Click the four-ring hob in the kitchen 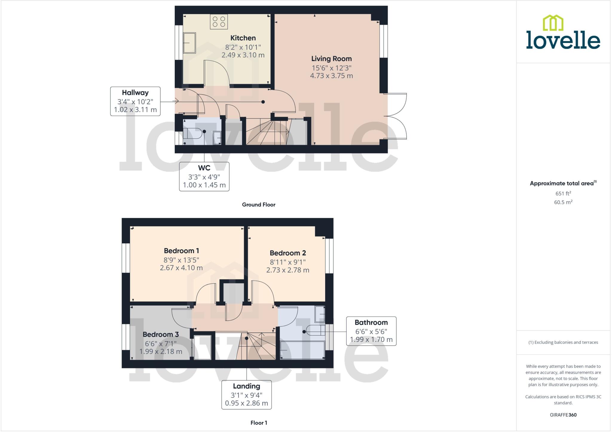(219, 22)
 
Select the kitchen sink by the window (189, 43)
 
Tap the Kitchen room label (243, 38)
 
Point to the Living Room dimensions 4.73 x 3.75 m (331, 76)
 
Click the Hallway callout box (135, 101)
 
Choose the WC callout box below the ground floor (204, 176)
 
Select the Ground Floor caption (258, 205)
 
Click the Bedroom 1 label (181, 251)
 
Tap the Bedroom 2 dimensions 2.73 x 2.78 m (287, 270)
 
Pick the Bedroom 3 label (160, 334)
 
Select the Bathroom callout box (371, 331)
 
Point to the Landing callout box (247, 395)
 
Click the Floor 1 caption (258, 423)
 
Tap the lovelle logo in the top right (563, 33)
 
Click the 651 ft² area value (563, 193)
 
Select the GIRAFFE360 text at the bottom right (563, 415)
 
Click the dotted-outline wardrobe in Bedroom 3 (203, 347)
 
